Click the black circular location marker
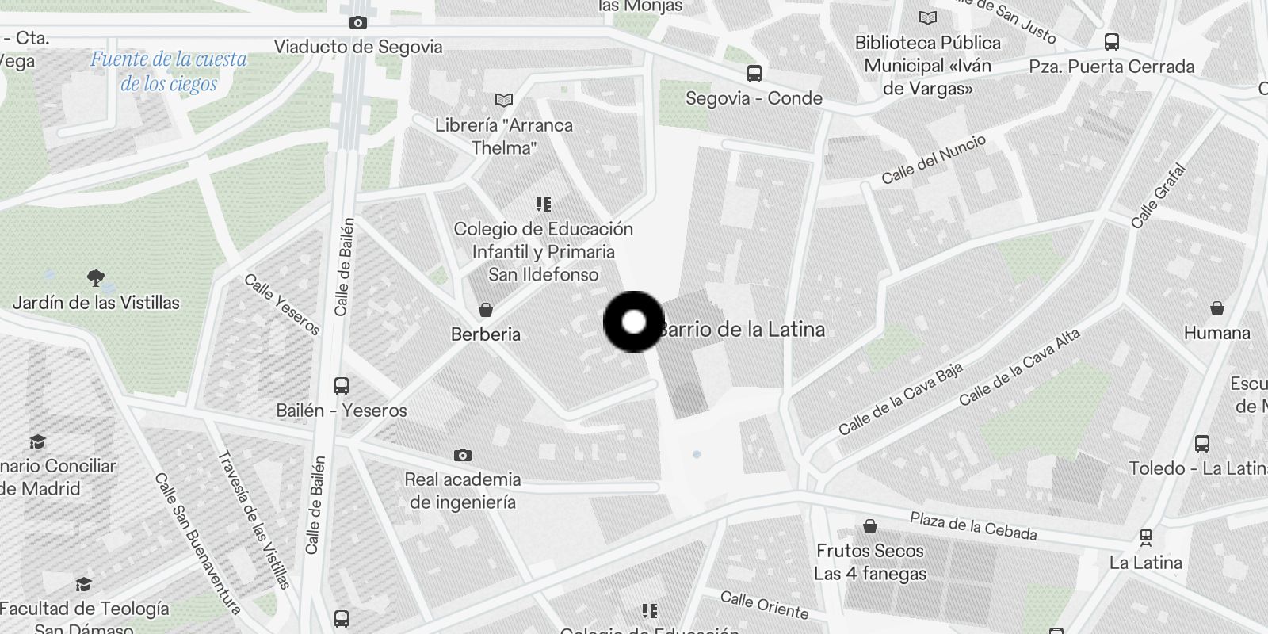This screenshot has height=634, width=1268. pyautogui.click(x=634, y=322)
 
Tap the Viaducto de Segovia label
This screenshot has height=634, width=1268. pyautogui.click(x=358, y=47)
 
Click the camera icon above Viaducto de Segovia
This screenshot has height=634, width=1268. pyautogui.click(x=358, y=23)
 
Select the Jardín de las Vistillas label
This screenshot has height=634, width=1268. pyautogui.click(x=96, y=303)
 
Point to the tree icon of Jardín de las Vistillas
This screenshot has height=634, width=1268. pyautogui.click(x=96, y=278)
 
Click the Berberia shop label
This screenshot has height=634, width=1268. pyautogui.click(x=486, y=334)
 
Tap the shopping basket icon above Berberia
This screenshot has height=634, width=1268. pyautogui.click(x=486, y=309)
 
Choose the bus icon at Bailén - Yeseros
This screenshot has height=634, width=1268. pyautogui.click(x=342, y=386)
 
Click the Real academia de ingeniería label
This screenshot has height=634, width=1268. pyautogui.click(x=463, y=491)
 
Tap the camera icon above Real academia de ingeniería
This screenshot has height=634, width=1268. pyautogui.click(x=463, y=456)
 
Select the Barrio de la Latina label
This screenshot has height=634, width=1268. pyautogui.click(x=742, y=330)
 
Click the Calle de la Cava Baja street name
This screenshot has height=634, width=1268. pyautogui.click(x=901, y=399)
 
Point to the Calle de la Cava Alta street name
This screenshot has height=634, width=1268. pyautogui.click(x=1019, y=368)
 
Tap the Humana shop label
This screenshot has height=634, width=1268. pyautogui.click(x=1216, y=333)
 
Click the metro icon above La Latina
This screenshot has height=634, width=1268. pyautogui.click(x=1145, y=538)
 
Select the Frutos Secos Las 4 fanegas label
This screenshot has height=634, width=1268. pyautogui.click(x=870, y=562)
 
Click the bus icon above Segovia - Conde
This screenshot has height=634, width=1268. pyautogui.click(x=754, y=74)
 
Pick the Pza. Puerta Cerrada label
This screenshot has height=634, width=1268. pyautogui.click(x=1111, y=67)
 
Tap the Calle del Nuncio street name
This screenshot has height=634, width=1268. pyautogui.click(x=934, y=159)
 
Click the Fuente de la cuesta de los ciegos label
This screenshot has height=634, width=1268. pyautogui.click(x=169, y=71)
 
